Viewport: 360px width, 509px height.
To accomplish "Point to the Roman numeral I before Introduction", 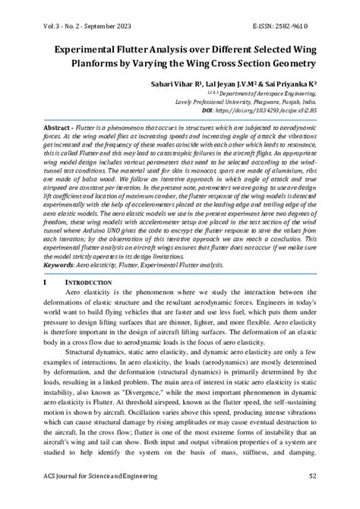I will tap(45, 281).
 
